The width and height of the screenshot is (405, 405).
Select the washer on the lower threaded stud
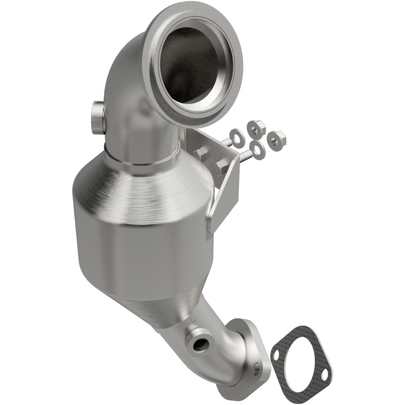pyautogui.click(x=258, y=150)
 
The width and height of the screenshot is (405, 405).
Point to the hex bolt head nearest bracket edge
pyautogui.click(x=222, y=167)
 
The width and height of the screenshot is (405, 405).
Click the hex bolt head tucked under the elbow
pyautogui.click(x=201, y=154)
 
